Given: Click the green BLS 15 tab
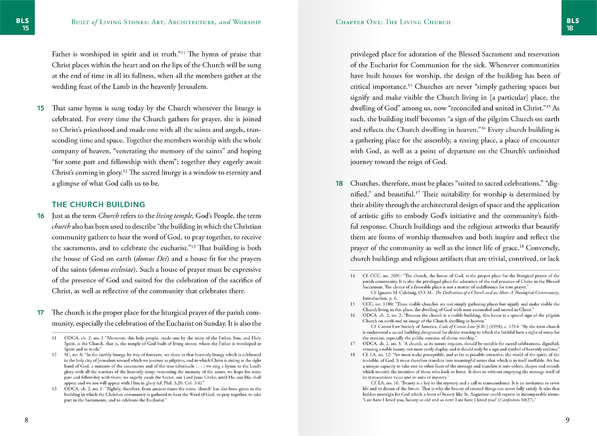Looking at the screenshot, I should tap(22, 24).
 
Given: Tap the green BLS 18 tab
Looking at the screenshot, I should tap(573, 24).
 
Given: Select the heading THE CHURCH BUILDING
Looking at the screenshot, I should tap(98, 205).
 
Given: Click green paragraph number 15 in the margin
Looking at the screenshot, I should tap(40, 108).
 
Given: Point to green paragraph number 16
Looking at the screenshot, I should tap(40, 216).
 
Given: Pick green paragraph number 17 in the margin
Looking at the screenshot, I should tap(40, 313).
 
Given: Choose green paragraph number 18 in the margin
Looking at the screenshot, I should tap(339, 184).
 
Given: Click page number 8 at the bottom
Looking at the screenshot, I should tap(26, 420).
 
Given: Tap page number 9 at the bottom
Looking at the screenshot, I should tap(567, 420).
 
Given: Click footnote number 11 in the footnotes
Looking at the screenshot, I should tap(54, 338).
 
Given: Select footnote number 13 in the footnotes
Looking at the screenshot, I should tap(54, 389).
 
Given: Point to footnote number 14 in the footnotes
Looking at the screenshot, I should tap(353, 276).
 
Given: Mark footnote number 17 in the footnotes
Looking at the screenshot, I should tap(353, 344).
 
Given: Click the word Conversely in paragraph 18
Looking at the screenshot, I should tap(542, 248).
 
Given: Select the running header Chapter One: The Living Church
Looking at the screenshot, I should tap(393, 22).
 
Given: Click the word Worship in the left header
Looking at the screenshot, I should tap(247, 22).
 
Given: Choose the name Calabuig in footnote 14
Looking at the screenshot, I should tap(417, 293).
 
